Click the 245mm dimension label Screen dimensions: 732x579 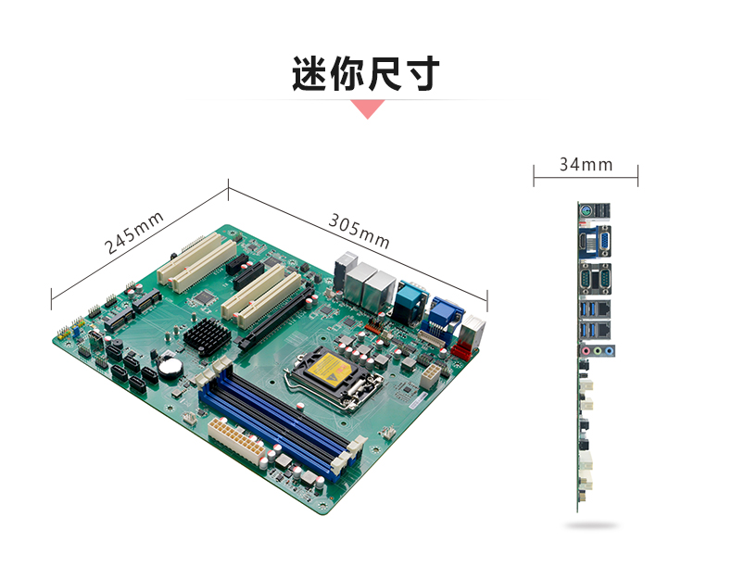coord(133,233)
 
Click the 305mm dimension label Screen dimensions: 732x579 coord(359,231)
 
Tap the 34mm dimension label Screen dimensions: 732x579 coord(586,165)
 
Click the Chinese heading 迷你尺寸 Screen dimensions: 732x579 coord(366,73)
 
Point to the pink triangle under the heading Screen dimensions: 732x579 coord(368,108)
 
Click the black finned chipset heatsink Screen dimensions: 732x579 coord(207,336)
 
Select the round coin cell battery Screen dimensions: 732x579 coord(169,366)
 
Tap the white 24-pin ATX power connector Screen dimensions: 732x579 coord(236,440)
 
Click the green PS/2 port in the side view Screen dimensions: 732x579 coord(587,211)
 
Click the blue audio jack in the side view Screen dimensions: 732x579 coord(609,351)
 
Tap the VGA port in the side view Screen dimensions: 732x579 coord(603,241)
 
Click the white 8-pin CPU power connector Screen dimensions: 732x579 coord(430,376)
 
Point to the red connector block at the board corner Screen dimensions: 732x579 coord(461,349)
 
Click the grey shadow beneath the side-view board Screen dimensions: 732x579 coord(591,526)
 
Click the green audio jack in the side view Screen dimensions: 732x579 coord(598,351)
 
